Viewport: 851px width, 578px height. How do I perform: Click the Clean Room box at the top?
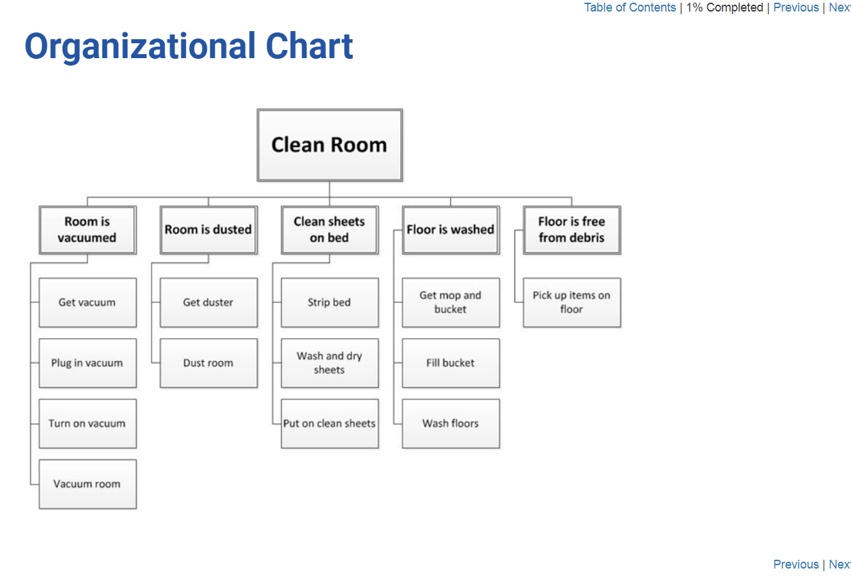(x=329, y=145)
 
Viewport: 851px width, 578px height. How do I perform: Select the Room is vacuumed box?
(x=87, y=230)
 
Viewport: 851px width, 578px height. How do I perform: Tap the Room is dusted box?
(x=209, y=230)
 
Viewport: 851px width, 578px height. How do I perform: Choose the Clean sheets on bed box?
(x=330, y=230)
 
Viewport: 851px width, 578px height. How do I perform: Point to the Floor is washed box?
(x=451, y=230)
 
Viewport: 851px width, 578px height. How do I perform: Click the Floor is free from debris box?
(x=572, y=230)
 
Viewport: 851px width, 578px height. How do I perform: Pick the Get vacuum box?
(x=87, y=302)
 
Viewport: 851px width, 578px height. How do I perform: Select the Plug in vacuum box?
(x=87, y=363)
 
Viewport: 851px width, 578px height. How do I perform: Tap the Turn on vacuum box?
(x=87, y=423)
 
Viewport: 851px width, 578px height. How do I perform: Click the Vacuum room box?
(x=87, y=484)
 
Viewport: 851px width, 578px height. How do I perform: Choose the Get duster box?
(x=209, y=302)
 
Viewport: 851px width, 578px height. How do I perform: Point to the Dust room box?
(x=209, y=363)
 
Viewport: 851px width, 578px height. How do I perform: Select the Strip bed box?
(x=330, y=302)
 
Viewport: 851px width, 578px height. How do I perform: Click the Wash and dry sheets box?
(x=330, y=363)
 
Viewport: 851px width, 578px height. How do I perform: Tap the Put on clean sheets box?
(x=330, y=423)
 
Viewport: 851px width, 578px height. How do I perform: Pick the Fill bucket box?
(x=451, y=363)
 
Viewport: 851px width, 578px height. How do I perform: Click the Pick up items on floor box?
(x=572, y=302)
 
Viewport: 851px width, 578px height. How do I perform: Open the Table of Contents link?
(x=630, y=7)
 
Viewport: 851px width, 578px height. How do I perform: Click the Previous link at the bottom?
(x=796, y=564)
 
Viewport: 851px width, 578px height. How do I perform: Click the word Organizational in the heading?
(x=140, y=47)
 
